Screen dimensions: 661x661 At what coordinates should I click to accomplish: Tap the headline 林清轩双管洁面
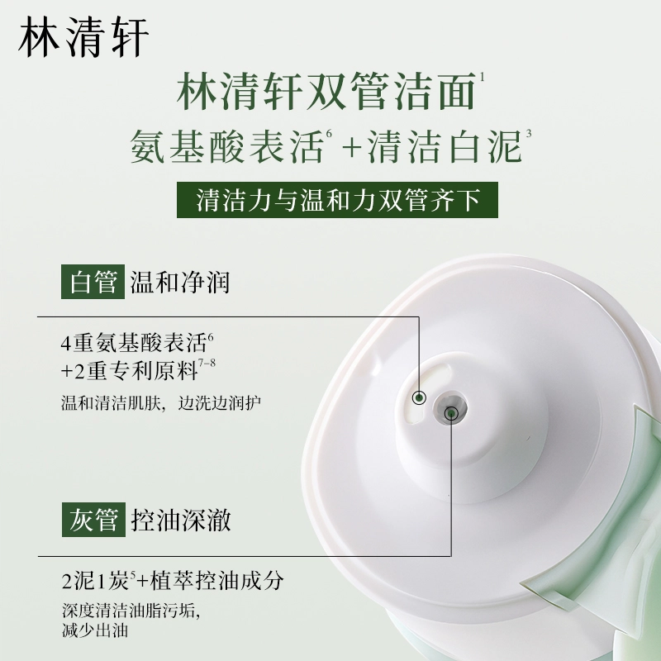point(326,92)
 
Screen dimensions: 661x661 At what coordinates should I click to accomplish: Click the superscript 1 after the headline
point(482,77)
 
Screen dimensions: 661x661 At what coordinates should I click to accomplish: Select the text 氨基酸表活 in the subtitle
point(226,146)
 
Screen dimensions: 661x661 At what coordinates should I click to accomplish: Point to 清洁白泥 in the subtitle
point(445,146)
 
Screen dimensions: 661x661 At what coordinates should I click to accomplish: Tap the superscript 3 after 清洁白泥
point(528,134)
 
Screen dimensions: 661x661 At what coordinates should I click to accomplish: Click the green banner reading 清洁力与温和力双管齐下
point(337,200)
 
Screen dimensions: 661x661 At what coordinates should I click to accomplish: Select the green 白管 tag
point(93,282)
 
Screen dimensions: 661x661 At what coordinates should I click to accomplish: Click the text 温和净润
point(179,282)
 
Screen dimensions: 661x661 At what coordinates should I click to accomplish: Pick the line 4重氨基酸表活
point(134,343)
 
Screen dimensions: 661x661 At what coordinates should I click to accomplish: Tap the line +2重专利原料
point(130,370)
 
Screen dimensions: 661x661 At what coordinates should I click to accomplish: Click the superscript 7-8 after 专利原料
point(207,363)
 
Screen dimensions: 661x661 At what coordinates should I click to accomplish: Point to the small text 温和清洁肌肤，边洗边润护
point(161,402)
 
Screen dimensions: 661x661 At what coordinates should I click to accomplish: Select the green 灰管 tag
point(93,520)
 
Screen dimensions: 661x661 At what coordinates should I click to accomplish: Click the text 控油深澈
point(181,520)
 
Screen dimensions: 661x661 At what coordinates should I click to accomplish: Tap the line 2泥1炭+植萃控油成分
point(173,581)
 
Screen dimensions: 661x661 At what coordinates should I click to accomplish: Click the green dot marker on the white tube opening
point(419,397)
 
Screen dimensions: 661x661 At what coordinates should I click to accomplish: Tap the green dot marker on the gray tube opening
point(450,414)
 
